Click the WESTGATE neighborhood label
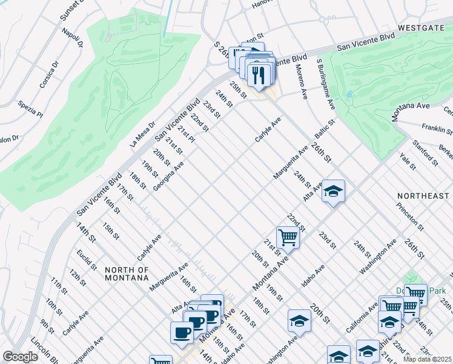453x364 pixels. coord(423,28)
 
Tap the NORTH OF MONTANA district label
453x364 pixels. coord(127,274)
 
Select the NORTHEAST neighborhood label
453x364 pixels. coord(423,196)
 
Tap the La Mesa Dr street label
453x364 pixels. coord(142,133)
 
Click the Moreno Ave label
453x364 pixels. coord(301,77)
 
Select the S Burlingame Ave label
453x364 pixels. coord(325,84)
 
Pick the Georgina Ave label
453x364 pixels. coord(168,176)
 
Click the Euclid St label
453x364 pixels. coord(87,260)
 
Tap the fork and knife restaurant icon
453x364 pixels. coord(259,75)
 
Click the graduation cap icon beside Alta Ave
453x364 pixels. coord(332,192)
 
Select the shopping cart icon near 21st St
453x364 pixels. coord(288,238)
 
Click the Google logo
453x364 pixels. coord(20,357)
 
